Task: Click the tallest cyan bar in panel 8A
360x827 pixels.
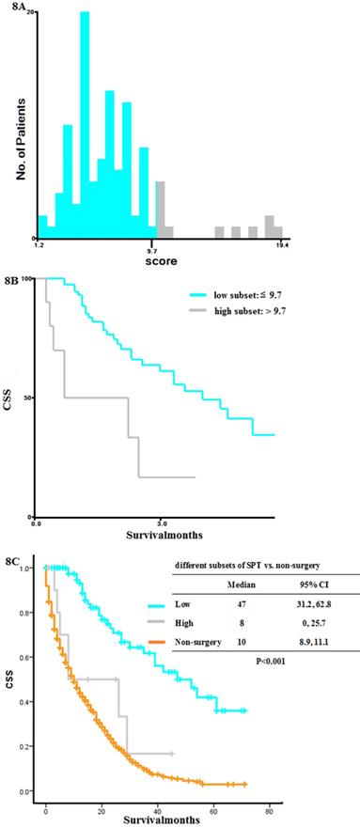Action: point(85,122)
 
